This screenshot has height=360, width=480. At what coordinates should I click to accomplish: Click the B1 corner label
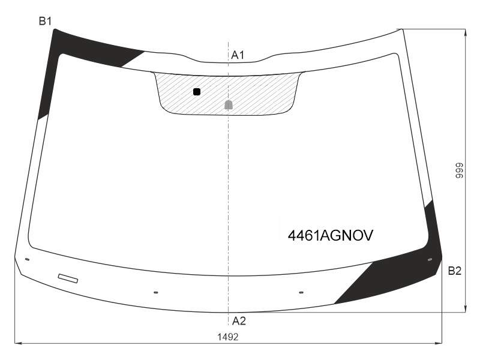click(x=45, y=21)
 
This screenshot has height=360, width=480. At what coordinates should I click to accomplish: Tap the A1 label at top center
click(x=238, y=55)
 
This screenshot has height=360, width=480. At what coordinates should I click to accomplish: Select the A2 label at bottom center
click(x=239, y=321)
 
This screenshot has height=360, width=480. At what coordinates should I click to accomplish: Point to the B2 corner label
click(x=454, y=271)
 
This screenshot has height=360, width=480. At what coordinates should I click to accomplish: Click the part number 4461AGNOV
click(x=331, y=235)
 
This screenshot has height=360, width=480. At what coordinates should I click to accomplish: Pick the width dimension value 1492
click(x=228, y=337)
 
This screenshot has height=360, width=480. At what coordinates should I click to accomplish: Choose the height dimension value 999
click(x=460, y=170)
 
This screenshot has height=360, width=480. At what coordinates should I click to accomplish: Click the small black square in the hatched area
click(x=197, y=92)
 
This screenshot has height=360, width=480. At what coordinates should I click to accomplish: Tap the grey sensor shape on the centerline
click(x=229, y=104)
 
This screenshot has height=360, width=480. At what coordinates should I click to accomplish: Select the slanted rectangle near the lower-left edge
click(x=68, y=278)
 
